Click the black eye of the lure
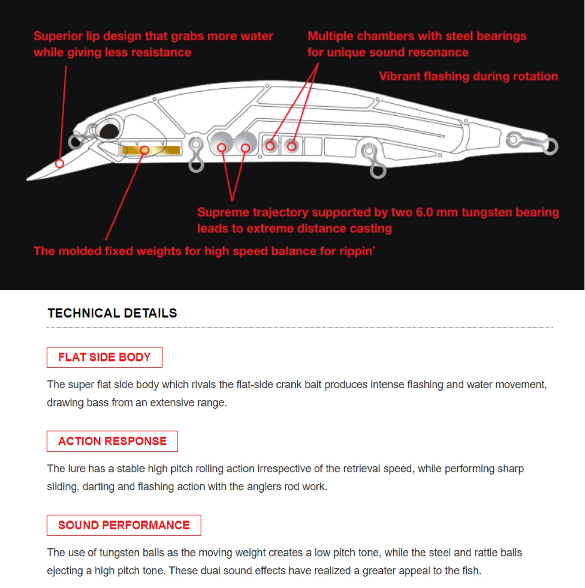click(x=109, y=131)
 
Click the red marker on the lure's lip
click(x=59, y=163)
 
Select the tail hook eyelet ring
click(x=551, y=146)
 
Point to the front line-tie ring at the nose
click(x=74, y=141)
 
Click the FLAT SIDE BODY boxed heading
click(x=104, y=357)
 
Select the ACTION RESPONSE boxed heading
click(x=112, y=441)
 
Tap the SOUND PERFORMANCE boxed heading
click(x=124, y=525)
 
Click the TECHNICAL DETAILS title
click(x=112, y=313)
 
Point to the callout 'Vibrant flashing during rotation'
click(x=468, y=76)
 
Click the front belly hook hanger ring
click(x=196, y=166)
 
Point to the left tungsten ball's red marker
click(x=222, y=148)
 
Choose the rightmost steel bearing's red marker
click(x=291, y=146)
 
